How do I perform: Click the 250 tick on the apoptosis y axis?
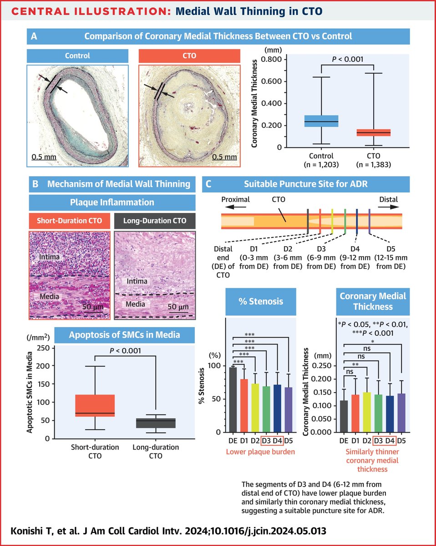pos(43,348)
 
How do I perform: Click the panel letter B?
pos(35,184)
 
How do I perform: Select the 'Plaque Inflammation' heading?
pos(112,202)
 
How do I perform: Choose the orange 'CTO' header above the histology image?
pos(188,56)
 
